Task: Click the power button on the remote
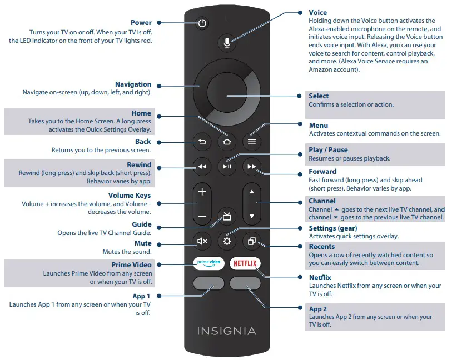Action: pyautogui.click(x=202, y=23)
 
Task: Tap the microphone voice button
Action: pyautogui.click(x=226, y=42)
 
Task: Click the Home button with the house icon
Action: pyautogui.click(x=226, y=142)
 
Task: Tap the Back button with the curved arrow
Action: pyautogui.click(x=202, y=142)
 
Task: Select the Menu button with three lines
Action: pyautogui.click(x=251, y=142)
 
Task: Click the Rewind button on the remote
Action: pyautogui.click(x=202, y=166)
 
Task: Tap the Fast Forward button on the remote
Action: pyautogui.click(x=251, y=166)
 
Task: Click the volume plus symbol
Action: pyautogui.click(x=202, y=192)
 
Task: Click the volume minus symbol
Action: pyautogui.click(x=202, y=216)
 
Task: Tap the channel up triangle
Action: pyautogui.click(x=251, y=192)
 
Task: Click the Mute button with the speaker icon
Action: pyautogui.click(x=202, y=241)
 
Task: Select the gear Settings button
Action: pyautogui.click(x=226, y=241)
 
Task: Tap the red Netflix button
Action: pyautogui.click(x=245, y=262)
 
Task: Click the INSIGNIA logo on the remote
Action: pyautogui.click(x=226, y=331)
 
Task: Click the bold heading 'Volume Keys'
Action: pyautogui.click(x=129, y=196)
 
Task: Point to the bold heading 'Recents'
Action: pyautogui.click(x=322, y=246)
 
